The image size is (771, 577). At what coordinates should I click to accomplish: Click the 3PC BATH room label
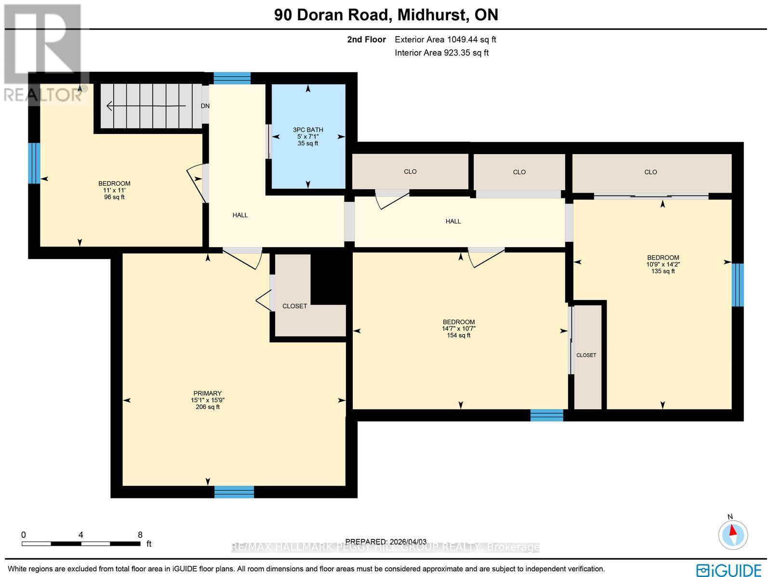point(308,130)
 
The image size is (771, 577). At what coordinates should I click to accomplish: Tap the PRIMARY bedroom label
point(208,393)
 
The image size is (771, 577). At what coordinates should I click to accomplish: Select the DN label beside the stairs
point(205,106)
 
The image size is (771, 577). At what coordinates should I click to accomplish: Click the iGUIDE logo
point(730,569)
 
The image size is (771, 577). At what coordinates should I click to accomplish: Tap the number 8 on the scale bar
point(140,535)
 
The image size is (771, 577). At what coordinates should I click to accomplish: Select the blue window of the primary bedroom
point(234,492)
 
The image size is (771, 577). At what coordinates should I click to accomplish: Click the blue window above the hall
point(232,78)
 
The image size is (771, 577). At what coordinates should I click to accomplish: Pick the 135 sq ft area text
point(663,271)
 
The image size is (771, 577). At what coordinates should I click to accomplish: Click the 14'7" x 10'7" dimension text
point(459,328)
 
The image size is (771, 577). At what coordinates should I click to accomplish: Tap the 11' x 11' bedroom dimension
point(114,190)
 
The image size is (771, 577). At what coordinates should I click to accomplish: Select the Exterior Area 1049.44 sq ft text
point(445,40)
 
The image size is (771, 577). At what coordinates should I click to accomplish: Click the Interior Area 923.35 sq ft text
point(441,53)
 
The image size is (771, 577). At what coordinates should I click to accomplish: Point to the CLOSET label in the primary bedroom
point(294,306)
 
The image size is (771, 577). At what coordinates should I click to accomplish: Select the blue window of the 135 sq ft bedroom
point(737,285)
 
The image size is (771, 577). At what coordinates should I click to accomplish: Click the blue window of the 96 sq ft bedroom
point(34,163)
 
